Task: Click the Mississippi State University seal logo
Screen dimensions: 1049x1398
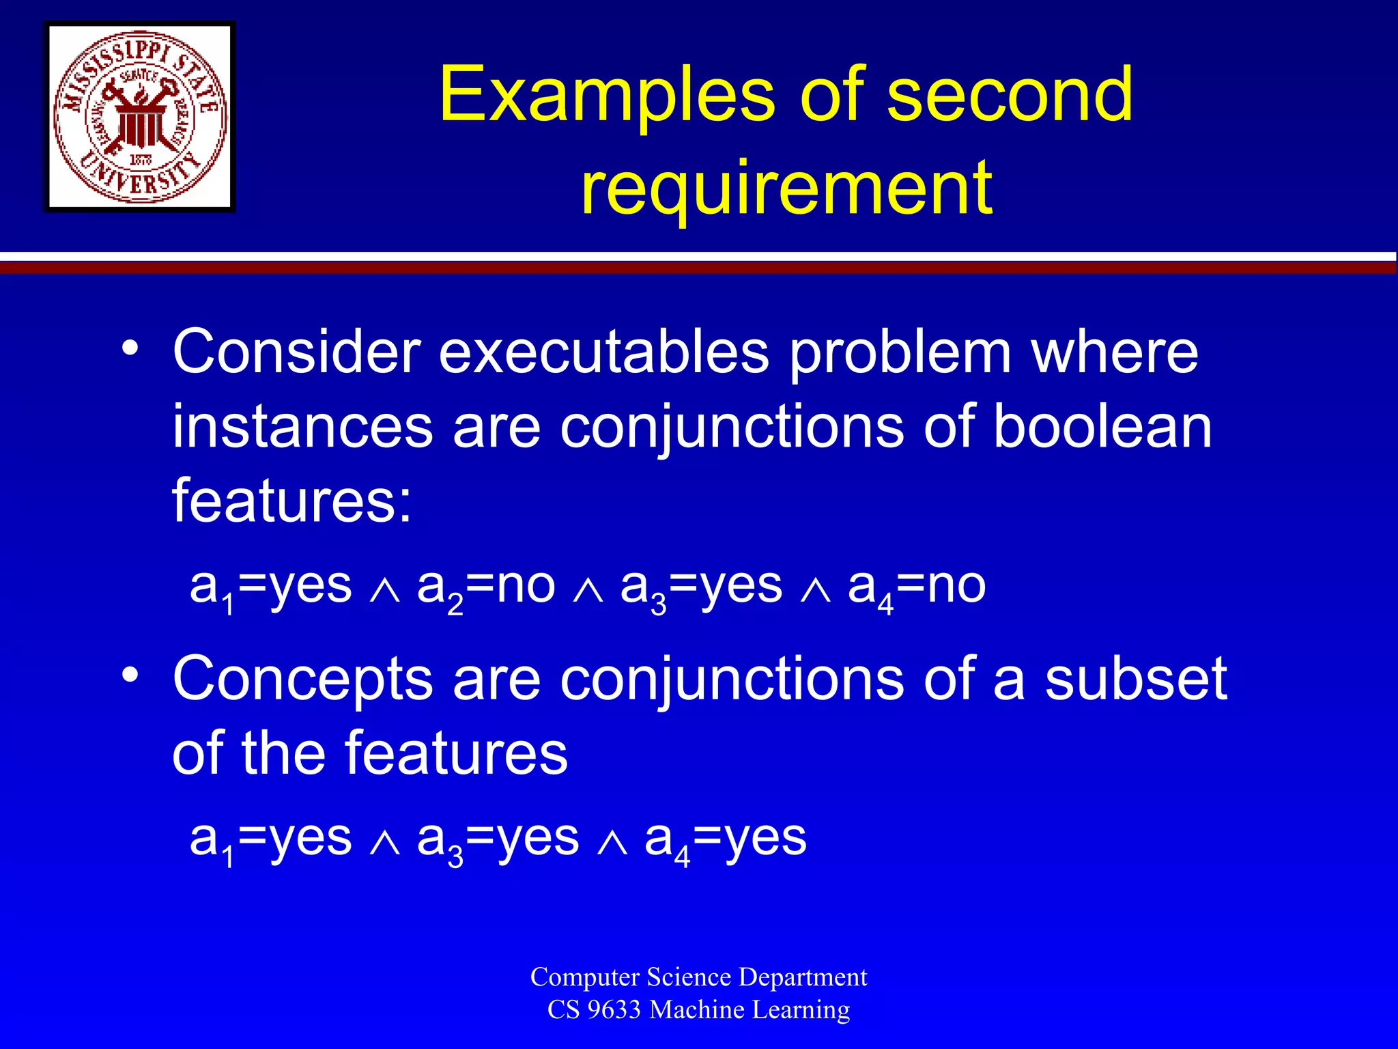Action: [140, 117]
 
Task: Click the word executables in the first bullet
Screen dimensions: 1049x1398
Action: [603, 352]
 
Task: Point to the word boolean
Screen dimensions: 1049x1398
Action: [1102, 426]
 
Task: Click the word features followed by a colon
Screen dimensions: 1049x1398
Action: [292, 501]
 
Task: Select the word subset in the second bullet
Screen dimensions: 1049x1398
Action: [1136, 679]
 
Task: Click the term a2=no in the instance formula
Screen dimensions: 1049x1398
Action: [485, 587]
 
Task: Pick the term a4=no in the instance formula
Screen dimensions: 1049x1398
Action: [916, 587]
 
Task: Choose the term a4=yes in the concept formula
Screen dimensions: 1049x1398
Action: [725, 839]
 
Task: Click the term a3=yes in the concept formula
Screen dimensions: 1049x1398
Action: [498, 839]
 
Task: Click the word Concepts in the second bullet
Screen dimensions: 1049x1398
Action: [303, 680]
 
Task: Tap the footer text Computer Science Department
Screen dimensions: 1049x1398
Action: [698, 977]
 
